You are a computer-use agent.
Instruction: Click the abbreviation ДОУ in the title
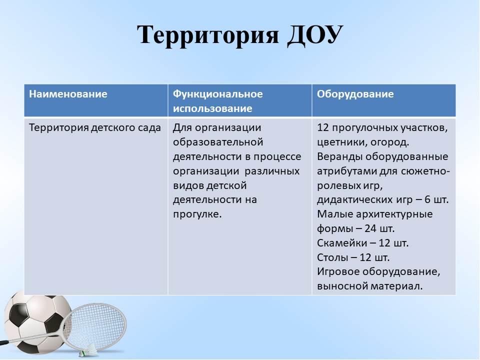315,34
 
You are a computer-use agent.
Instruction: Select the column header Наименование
68,93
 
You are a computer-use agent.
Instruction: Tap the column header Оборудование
355,94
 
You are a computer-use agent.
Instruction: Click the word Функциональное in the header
217,94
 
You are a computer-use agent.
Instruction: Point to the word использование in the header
212,108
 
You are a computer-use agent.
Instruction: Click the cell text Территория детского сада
95,127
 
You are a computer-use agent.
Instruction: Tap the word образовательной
218,142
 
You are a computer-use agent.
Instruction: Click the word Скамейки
342,243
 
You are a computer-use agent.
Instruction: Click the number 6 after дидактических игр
427,199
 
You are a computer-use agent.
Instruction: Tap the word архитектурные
394,214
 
